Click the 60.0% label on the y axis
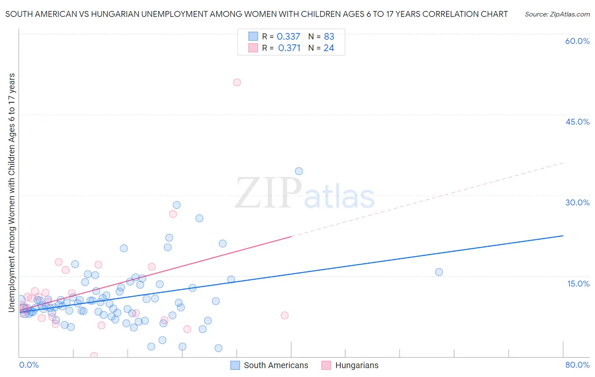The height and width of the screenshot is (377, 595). click(577, 41)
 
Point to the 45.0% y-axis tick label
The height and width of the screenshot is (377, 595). click(577, 122)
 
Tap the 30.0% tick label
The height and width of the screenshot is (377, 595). click(577, 202)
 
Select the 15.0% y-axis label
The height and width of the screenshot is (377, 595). click(578, 284)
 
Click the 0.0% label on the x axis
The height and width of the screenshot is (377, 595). click(29, 365)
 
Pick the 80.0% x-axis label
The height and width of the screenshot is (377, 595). click(577, 365)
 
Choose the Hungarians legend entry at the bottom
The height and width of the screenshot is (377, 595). click(356, 365)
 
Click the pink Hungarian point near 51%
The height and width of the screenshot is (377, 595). click(237, 82)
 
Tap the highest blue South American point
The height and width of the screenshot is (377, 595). click(299, 171)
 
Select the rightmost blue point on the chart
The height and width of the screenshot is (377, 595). click(439, 272)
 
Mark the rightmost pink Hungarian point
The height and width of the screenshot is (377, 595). click(284, 315)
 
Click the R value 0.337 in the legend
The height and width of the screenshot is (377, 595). click(288, 37)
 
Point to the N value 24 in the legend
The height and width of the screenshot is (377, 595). click(329, 48)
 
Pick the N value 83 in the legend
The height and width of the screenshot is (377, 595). click(329, 37)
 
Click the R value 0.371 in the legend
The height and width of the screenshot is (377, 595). click(289, 48)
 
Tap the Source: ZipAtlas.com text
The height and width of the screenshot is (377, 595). click(557, 14)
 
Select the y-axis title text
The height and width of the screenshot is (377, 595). click(12, 192)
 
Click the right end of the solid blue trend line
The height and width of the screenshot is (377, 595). click(563, 236)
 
